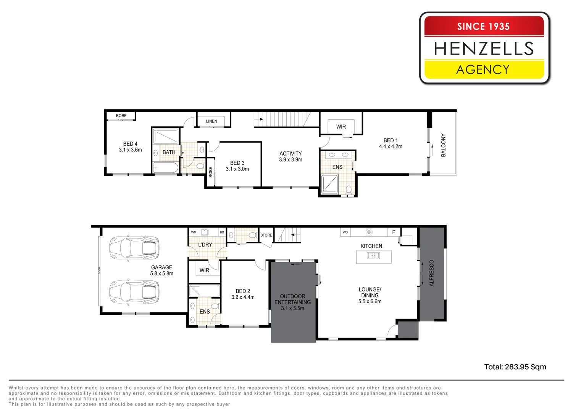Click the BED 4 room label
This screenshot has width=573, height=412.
[130, 144]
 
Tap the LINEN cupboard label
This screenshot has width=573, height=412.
[211, 121]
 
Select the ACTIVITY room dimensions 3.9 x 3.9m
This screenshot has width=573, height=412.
[291, 160]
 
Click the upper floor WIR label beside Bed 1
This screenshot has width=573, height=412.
[341, 127]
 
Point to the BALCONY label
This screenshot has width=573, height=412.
[443, 145]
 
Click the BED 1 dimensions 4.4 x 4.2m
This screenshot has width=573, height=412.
[391, 146]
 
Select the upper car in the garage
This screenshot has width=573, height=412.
[134, 248]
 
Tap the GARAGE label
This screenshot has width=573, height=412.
[161, 267]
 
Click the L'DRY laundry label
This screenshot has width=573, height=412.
[205, 245]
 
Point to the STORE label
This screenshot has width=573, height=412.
[266, 235]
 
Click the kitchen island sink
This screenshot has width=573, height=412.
[373, 256]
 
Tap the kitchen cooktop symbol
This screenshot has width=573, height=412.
[369, 232]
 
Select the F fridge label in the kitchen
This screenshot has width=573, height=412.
[394, 232]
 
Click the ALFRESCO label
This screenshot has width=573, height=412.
[432, 273]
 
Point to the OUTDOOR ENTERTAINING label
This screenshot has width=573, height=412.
[292, 299]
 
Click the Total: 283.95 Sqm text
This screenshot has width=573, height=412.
[515, 367]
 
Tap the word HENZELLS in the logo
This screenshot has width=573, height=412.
[484, 48]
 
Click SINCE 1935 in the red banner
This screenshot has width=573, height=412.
[483, 26]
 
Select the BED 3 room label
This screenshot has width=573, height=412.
[237, 163]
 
